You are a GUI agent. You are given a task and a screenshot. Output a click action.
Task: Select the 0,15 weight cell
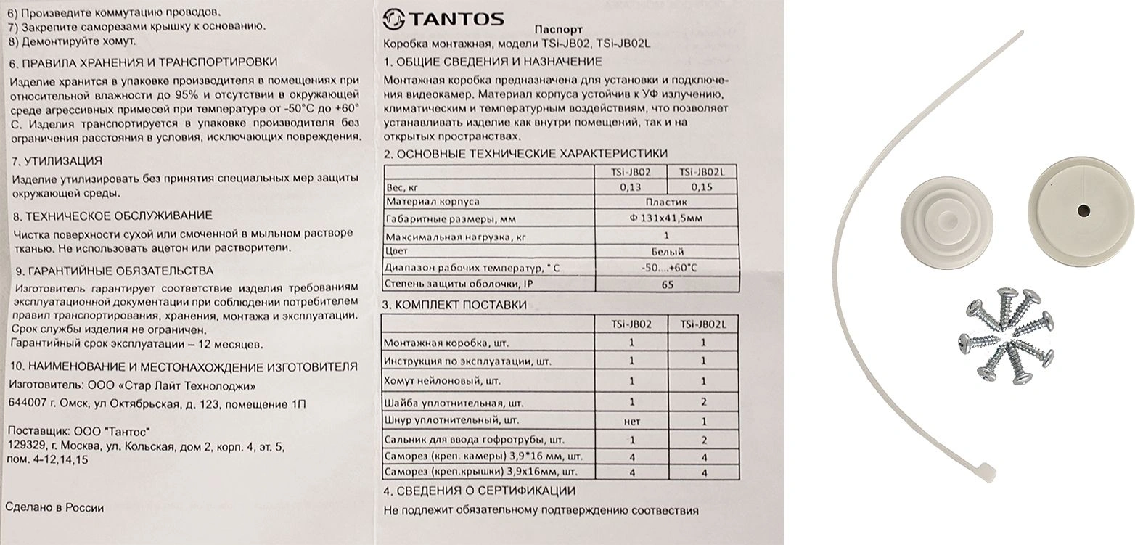702,187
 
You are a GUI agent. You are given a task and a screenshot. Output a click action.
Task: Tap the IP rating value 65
668,284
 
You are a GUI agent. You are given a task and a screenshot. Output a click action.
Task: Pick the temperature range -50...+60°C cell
668,268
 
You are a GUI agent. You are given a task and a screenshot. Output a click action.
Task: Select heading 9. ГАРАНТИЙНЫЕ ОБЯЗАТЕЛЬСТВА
113,271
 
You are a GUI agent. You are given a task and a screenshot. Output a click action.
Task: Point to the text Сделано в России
54,508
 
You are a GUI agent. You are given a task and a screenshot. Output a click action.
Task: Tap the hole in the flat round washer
1083,210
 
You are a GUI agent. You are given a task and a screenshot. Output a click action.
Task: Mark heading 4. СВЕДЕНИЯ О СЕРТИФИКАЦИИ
480,491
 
